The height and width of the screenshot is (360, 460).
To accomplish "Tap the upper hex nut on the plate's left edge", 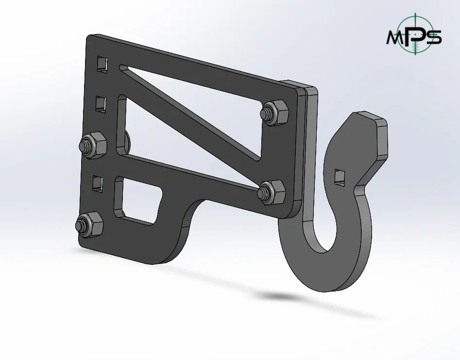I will (x=93, y=145).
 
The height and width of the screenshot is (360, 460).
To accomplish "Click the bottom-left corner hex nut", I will (x=88, y=225).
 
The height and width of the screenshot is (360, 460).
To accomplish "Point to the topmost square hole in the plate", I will (x=102, y=64).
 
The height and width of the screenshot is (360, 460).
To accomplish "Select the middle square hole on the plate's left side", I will (x=100, y=103).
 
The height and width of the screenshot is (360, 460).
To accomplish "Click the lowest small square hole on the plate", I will (x=98, y=183).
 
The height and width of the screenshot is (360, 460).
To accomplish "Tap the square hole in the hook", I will (x=341, y=177).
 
